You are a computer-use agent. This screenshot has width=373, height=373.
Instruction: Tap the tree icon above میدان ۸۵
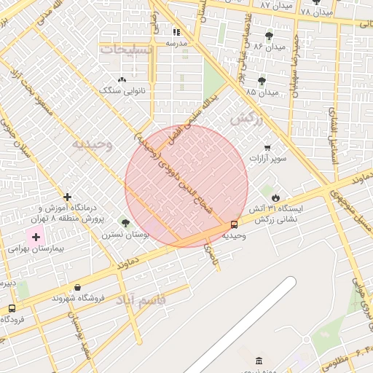click(x=262, y=80)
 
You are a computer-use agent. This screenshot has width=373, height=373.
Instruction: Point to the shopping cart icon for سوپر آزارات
click(x=267, y=146)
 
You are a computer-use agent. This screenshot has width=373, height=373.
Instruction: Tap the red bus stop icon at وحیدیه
click(x=234, y=225)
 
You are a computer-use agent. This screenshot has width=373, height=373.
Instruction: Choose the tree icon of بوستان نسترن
click(x=125, y=224)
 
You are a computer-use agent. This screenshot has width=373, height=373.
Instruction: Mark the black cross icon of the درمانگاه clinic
click(x=67, y=197)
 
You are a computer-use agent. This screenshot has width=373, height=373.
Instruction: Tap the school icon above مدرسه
click(x=176, y=32)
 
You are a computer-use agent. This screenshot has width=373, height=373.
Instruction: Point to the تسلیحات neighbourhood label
click(x=127, y=50)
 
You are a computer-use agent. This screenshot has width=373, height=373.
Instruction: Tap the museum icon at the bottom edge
click(x=259, y=361)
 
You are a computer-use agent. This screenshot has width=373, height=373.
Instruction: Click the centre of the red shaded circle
click(x=186, y=186)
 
